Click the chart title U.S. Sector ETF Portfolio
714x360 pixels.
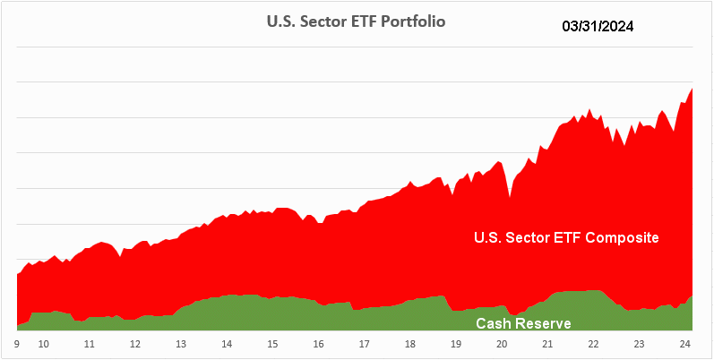[x=357, y=21]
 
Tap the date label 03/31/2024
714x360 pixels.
[x=598, y=27]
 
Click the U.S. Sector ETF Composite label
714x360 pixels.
[x=566, y=237]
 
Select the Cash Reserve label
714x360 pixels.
[x=523, y=322]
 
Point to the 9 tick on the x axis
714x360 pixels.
[x=17, y=344]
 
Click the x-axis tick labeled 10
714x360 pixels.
[x=42, y=344]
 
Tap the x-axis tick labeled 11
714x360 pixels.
[x=89, y=344]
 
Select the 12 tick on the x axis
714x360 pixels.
[x=134, y=344]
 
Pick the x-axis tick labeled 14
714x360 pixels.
[x=227, y=344]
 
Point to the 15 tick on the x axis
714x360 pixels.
[x=272, y=344]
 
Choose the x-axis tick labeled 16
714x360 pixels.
[x=318, y=344]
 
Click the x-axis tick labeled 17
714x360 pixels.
[x=364, y=344]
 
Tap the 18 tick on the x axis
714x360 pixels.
[x=409, y=344]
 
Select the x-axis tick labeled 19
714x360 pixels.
[x=455, y=344]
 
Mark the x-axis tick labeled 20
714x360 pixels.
[x=502, y=344]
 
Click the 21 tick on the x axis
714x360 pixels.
[x=547, y=344]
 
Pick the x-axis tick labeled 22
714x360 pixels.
[x=593, y=344]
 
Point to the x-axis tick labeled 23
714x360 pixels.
[x=639, y=344]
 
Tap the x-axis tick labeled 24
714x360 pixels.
[x=684, y=344]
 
